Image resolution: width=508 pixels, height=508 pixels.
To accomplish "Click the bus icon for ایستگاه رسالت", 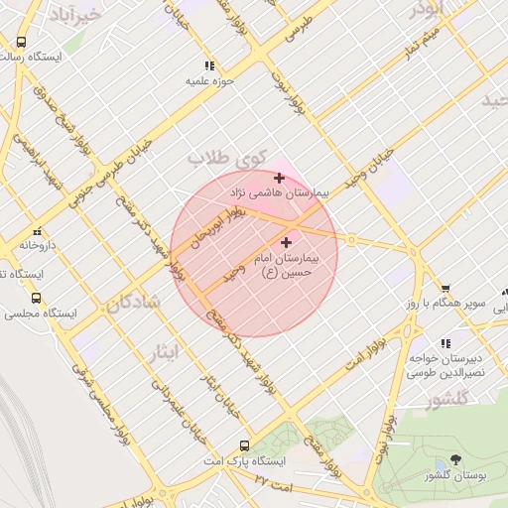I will click(x=21, y=42).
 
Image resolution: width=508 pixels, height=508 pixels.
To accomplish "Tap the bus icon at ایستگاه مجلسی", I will click(x=37, y=297).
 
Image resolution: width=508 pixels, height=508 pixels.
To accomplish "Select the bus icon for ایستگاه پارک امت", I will click(x=244, y=446).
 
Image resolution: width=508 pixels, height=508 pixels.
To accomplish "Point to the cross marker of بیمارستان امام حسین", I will click(x=287, y=242).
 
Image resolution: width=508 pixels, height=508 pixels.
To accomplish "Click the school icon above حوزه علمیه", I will click(x=206, y=66).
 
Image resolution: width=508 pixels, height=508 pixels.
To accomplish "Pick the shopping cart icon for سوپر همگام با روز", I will click(x=445, y=289).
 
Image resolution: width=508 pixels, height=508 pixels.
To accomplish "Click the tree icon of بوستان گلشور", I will click(x=455, y=458).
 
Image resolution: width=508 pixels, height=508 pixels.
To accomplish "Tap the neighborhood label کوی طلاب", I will click(x=228, y=158).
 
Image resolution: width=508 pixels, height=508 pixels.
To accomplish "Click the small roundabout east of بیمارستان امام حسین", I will click(x=350, y=239).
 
